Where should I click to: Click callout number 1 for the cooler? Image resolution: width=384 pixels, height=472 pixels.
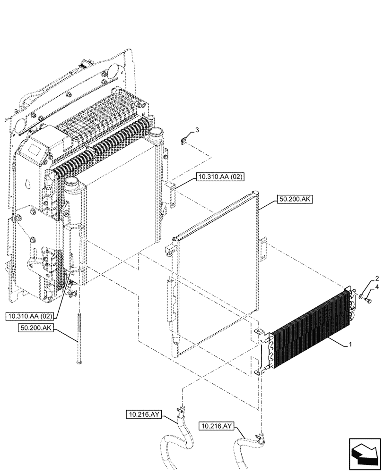click(349, 345)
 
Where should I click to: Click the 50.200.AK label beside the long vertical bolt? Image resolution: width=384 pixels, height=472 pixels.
click(38, 327)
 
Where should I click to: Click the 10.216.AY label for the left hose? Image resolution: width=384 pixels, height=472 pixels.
click(144, 415)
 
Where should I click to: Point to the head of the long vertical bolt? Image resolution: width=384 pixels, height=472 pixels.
click(78, 362)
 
